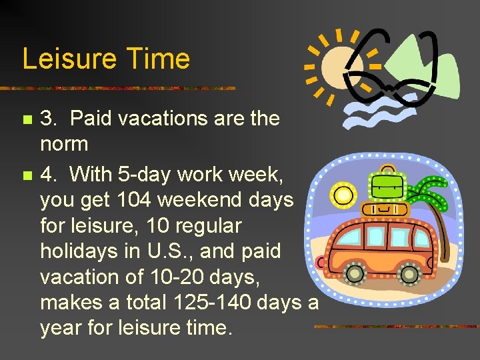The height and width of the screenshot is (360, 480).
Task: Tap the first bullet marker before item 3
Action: coord(26,121)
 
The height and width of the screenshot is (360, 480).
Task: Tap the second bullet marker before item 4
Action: coord(26,177)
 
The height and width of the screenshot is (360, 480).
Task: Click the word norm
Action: coord(64,143)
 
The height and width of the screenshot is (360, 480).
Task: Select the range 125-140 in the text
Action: coord(209,302)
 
